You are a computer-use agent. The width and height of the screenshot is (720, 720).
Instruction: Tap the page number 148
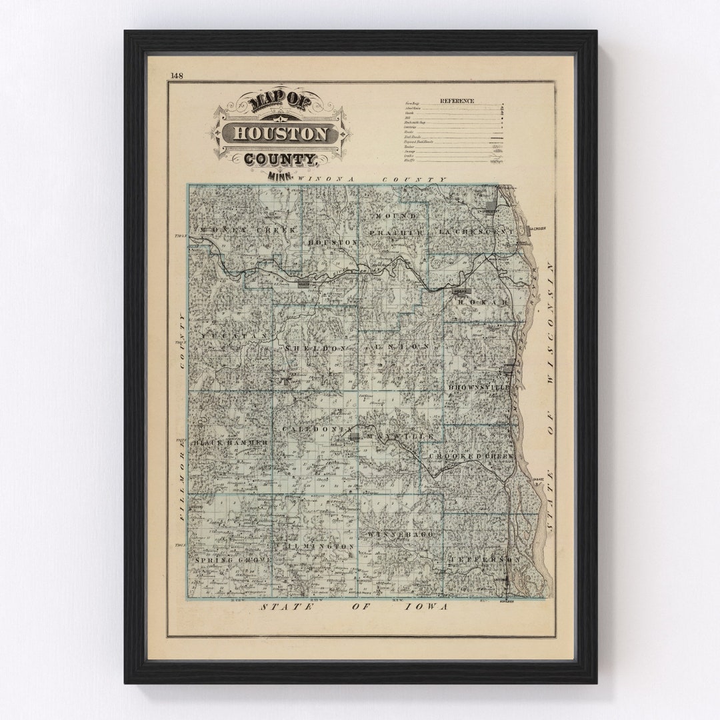point(177,76)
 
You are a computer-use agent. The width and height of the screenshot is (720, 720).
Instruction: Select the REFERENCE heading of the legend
point(457,101)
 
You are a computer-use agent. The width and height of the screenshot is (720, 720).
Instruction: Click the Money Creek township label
point(229,229)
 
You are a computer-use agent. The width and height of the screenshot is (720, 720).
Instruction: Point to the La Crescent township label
point(477,231)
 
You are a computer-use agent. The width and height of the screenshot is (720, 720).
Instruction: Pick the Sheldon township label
point(316,348)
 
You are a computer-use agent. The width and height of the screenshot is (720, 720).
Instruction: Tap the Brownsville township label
point(479,387)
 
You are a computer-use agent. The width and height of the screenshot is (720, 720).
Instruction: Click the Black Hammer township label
point(230,443)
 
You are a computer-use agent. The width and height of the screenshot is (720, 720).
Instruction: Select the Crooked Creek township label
point(477,456)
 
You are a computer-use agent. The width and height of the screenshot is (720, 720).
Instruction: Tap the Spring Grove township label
point(233,560)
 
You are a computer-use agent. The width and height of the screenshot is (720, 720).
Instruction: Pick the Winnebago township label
point(400,535)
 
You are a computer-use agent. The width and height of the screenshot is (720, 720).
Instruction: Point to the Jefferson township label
point(484,559)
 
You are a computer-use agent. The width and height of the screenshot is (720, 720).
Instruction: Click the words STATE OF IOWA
point(354,607)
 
